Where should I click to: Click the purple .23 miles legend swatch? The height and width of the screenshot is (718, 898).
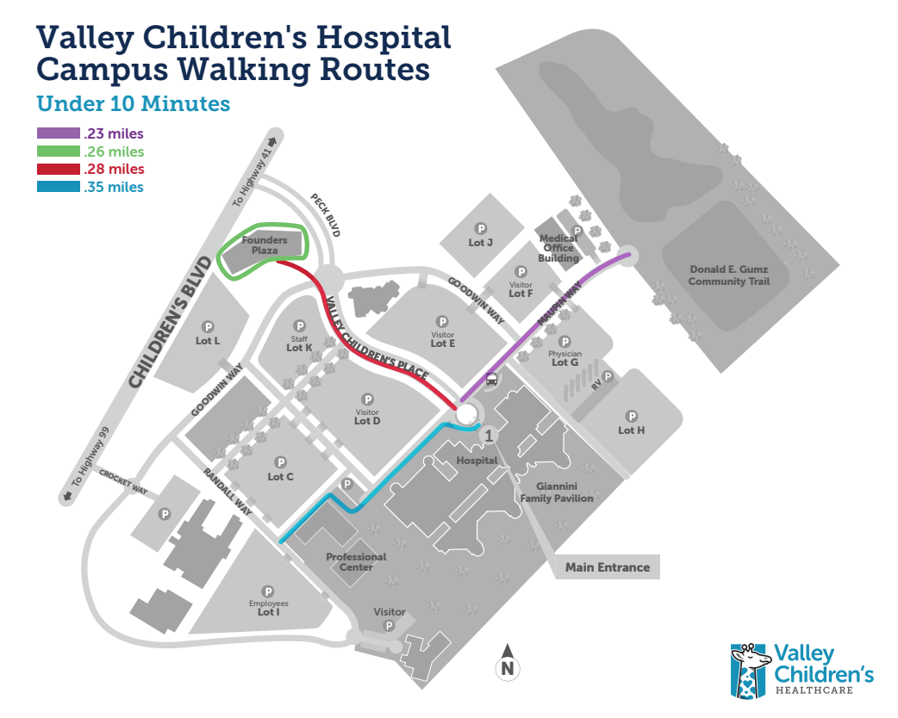(x=58, y=134)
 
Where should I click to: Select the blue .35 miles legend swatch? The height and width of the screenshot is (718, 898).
(x=58, y=187)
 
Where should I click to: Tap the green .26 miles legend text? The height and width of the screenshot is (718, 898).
(x=114, y=152)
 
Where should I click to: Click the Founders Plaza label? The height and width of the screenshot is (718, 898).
(x=265, y=245)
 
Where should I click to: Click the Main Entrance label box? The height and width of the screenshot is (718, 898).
(x=608, y=567)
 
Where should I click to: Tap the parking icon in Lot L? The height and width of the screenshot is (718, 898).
(x=207, y=326)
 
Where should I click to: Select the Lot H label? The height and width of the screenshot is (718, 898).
(x=631, y=430)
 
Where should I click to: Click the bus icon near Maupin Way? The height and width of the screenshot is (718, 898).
(x=491, y=378)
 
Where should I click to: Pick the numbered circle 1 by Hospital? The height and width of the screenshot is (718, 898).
(x=489, y=436)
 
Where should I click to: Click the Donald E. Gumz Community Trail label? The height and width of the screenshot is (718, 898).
(x=728, y=275)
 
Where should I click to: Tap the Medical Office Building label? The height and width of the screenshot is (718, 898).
(x=558, y=248)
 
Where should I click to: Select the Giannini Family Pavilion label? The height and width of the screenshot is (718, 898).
(x=556, y=492)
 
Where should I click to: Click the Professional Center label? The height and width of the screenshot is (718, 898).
(x=356, y=561)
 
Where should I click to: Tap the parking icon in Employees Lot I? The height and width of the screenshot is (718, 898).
(x=268, y=591)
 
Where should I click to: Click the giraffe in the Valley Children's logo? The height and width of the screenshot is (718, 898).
(x=749, y=670)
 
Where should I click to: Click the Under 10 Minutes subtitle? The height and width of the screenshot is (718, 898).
(x=133, y=104)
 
